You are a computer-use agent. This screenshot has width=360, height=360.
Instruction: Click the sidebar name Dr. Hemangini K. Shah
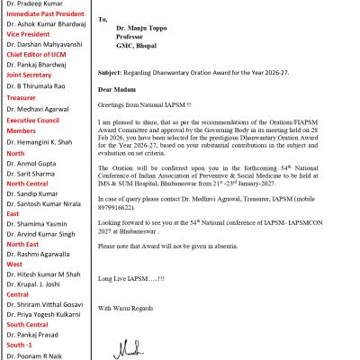pyautogui.click(x=44, y=167)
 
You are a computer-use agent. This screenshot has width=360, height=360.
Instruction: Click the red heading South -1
pyautogui.click(x=21, y=342)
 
